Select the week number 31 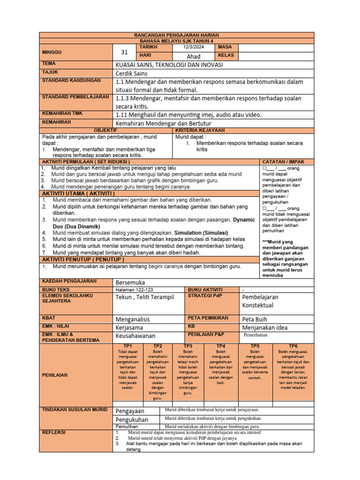[x=124, y=52]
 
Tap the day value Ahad [x=194, y=56]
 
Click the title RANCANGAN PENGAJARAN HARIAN [x=177, y=35]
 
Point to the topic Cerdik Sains [x=131, y=73]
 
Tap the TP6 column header [x=293, y=345]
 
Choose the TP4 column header [x=221, y=345]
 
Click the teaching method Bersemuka [x=130, y=282]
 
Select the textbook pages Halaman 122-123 [x=134, y=290]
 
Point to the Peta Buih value [x=255, y=319]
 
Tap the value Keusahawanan [x=136, y=336]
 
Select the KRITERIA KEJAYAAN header [x=200, y=130]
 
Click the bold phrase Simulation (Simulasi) [x=201, y=232]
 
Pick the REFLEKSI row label [x=54, y=432]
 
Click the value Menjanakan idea [x=265, y=327]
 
